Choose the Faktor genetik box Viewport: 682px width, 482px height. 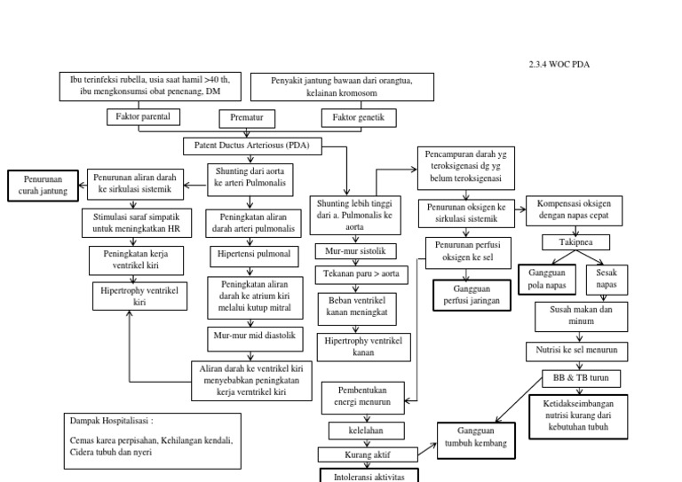point(359,117)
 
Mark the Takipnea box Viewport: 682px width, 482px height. point(575,241)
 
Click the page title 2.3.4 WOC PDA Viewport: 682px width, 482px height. point(559,65)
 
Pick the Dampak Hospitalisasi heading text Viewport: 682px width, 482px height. point(117,421)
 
